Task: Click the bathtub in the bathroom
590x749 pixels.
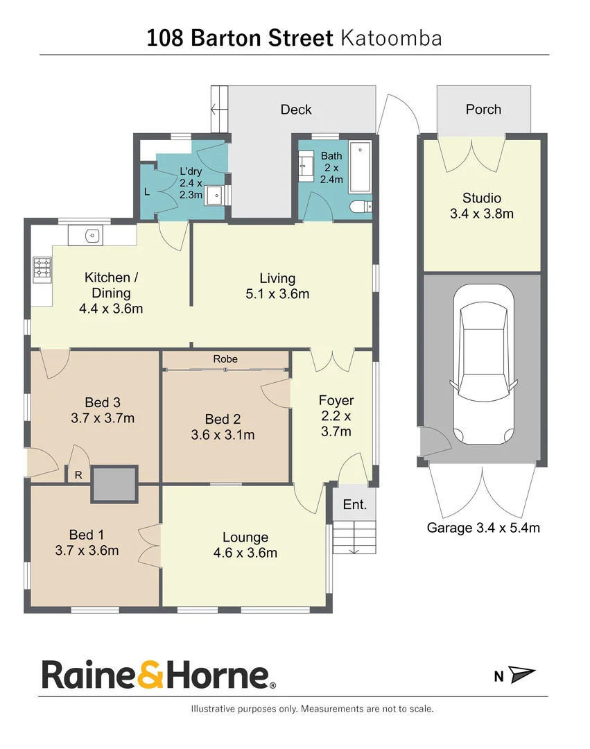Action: (360, 167)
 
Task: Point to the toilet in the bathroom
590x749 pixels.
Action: (361, 206)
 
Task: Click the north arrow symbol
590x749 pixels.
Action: (522, 675)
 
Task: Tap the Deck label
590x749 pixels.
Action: (296, 110)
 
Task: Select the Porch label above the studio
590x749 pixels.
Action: (483, 110)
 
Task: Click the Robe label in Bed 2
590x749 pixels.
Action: (225, 359)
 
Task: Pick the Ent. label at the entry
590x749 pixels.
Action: (355, 505)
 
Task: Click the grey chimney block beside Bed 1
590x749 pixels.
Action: (114, 483)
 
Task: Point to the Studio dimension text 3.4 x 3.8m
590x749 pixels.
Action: (482, 214)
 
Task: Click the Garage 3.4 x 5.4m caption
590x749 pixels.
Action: (483, 528)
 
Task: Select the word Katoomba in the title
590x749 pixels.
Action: (391, 38)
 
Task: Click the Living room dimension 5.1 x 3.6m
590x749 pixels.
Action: (277, 293)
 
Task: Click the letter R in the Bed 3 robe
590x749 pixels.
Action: (78, 475)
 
